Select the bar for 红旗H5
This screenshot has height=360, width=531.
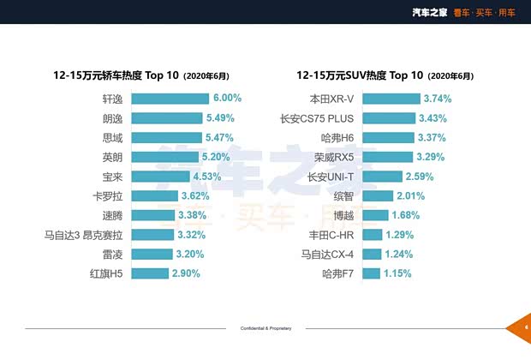click(150, 273)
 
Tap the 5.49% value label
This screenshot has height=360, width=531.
click(221, 117)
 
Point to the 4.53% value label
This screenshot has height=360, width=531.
click(207, 177)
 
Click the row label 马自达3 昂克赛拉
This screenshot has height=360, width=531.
click(82, 235)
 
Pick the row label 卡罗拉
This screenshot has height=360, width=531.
click(113, 195)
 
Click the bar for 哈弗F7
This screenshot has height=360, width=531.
click(371, 273)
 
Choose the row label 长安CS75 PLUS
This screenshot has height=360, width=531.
click(316, 118)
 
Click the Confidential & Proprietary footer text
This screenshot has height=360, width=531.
click(265, 328)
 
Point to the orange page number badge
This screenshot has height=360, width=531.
click(523, 327)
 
